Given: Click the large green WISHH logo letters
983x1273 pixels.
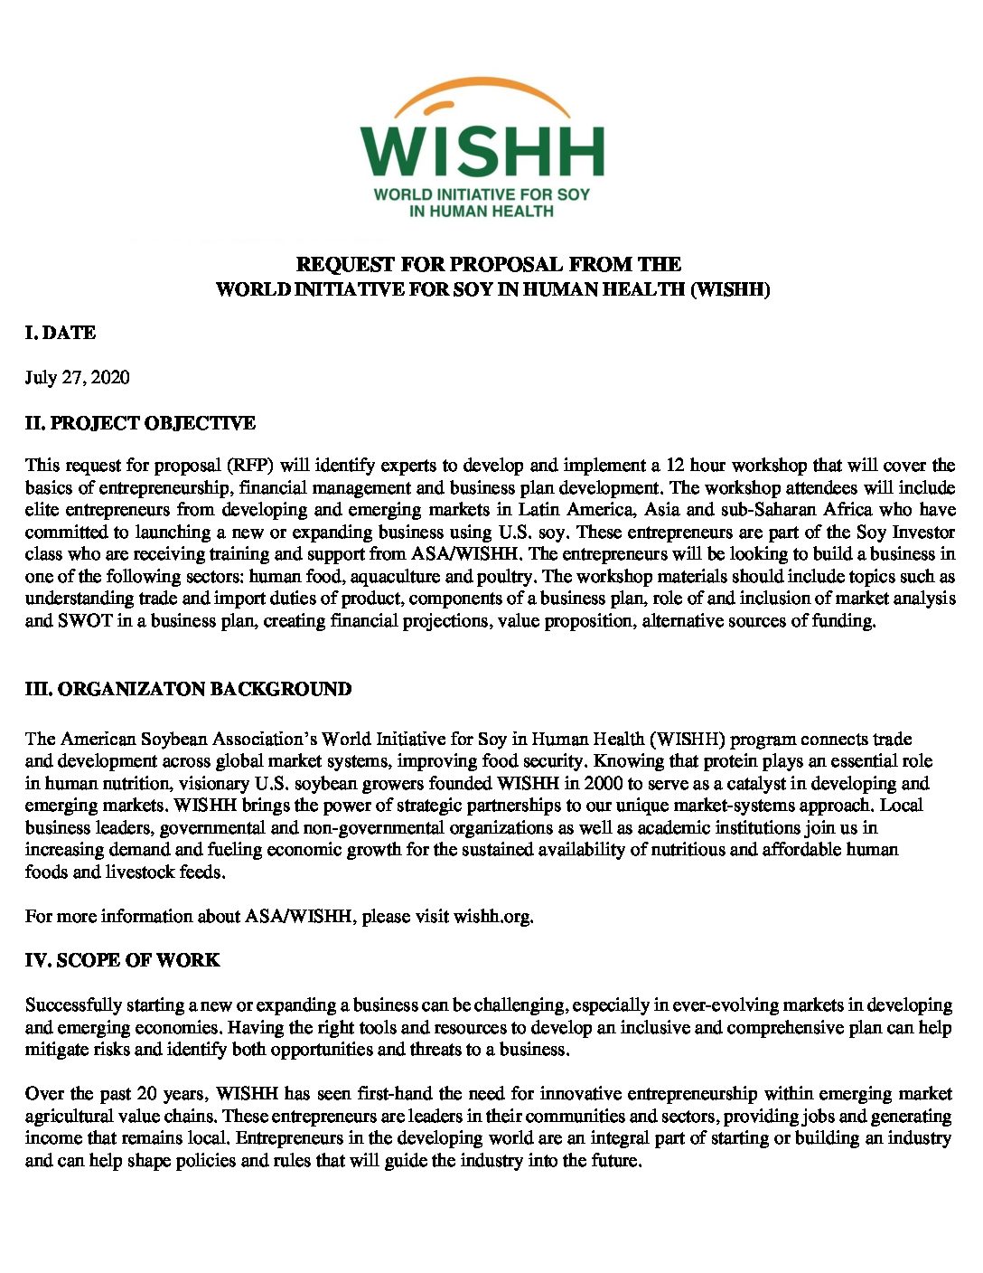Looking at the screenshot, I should [482, 151].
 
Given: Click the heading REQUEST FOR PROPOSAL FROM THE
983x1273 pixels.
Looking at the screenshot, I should [489, 264].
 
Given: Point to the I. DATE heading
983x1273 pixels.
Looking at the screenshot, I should [60, 333].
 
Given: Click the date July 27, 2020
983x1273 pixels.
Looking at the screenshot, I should [77, 377].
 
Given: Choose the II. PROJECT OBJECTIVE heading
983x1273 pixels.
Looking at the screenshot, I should [140, 422].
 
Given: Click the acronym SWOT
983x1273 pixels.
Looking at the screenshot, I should [84, 620].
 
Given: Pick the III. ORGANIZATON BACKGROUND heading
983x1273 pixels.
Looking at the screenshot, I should [188, 689].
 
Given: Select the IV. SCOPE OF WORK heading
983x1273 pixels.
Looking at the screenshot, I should [122, 960].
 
